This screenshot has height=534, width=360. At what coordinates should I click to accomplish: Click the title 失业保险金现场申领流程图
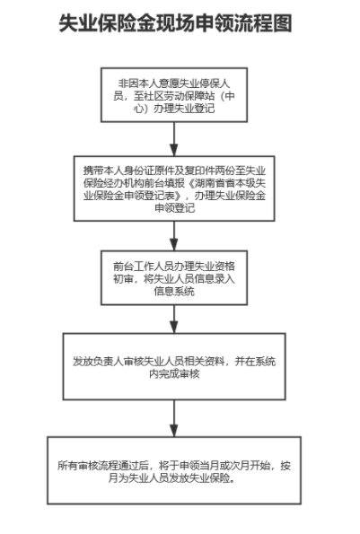pos(175,23)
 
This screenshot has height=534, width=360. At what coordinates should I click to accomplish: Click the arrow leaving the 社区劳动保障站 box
pos(174,139)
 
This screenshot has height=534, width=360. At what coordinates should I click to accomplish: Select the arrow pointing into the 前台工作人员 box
pos(174,236)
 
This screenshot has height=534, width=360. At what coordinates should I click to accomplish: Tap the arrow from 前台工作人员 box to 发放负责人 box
pos(174,320)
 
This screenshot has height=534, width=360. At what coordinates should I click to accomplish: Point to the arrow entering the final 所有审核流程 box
pos(174,418)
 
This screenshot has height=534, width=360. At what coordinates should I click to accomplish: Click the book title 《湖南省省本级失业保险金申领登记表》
pos(174,189)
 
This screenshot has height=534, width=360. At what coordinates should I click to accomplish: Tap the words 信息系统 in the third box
pos(174,291)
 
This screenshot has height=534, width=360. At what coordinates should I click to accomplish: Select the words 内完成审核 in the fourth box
pos(174,373)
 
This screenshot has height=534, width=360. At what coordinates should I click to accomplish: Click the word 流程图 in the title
pos(262,23)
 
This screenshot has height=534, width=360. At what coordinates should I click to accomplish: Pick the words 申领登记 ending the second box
pos(174,207)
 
